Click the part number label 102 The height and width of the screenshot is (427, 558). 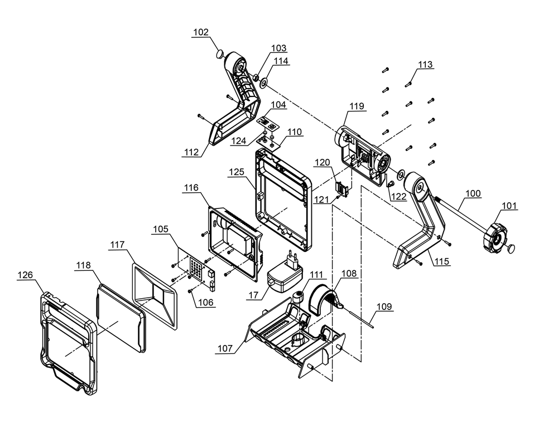200,32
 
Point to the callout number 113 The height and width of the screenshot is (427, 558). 425,65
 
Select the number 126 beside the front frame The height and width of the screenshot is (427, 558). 25,275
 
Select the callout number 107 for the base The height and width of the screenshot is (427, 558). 225,348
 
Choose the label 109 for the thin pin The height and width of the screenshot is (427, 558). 383,307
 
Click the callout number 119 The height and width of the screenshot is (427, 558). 357,106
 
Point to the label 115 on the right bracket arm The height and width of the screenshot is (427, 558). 441,260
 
